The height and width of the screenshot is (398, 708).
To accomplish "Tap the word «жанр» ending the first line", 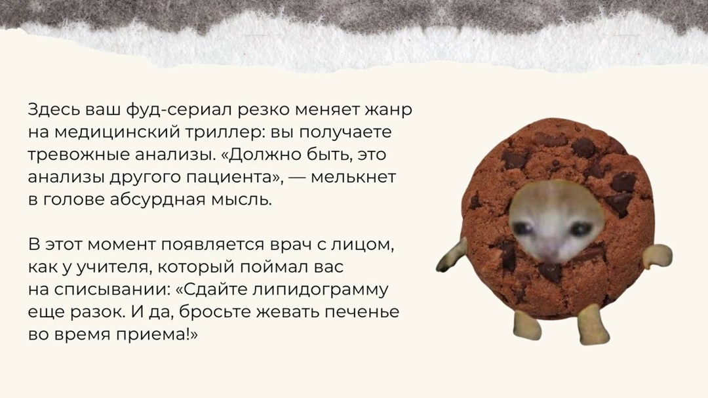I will [390, 109].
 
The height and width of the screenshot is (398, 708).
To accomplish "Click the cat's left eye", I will [523, 227].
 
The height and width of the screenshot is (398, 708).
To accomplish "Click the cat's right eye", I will [579, 229].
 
